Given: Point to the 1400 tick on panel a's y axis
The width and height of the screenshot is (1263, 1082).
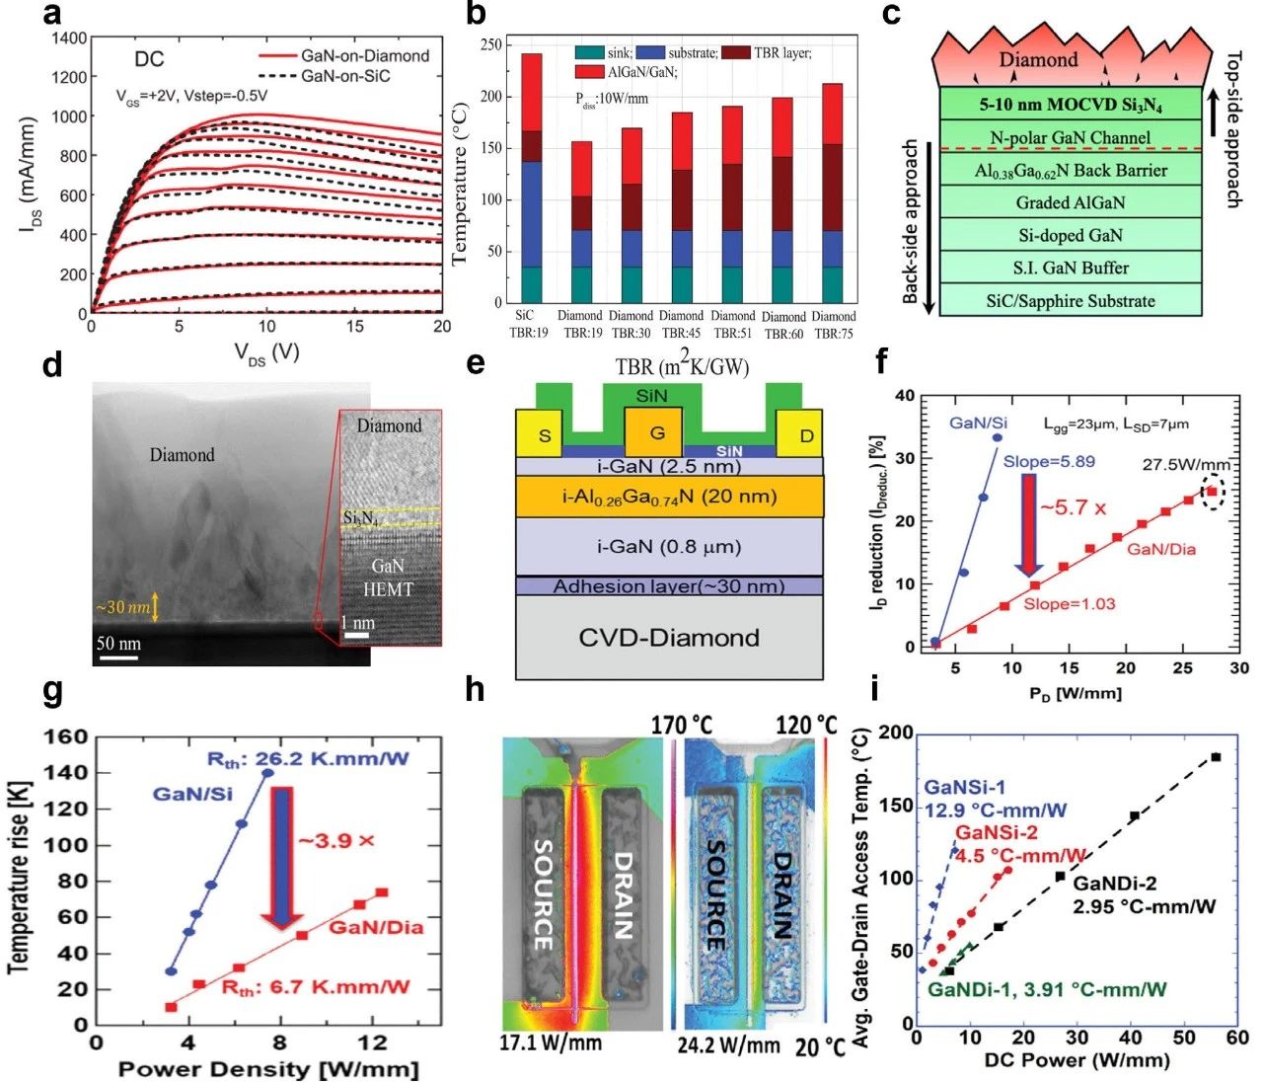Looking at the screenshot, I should [69, 39].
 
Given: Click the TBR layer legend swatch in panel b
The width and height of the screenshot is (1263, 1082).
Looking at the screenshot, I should [735, 52].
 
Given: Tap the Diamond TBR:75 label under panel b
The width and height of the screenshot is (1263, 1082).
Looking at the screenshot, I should [834, 325].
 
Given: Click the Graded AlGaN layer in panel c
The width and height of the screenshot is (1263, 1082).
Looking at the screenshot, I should [1071, 202].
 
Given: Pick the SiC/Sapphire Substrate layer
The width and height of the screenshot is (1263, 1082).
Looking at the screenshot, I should [1071, 300].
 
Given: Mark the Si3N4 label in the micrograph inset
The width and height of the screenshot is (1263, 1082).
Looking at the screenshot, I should [360, 517].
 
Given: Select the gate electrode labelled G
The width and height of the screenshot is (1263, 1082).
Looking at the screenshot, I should [656, 433].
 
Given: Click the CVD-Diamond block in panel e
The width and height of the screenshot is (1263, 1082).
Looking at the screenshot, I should [669, 638].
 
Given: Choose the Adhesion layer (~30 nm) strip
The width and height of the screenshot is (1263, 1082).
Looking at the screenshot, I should [669, 586].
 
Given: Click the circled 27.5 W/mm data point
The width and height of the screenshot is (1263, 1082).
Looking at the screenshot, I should [1212, 491].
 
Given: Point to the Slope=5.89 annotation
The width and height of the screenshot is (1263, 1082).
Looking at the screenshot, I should [1049, 461].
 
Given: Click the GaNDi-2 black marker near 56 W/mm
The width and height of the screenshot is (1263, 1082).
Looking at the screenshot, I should [1216, 757].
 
